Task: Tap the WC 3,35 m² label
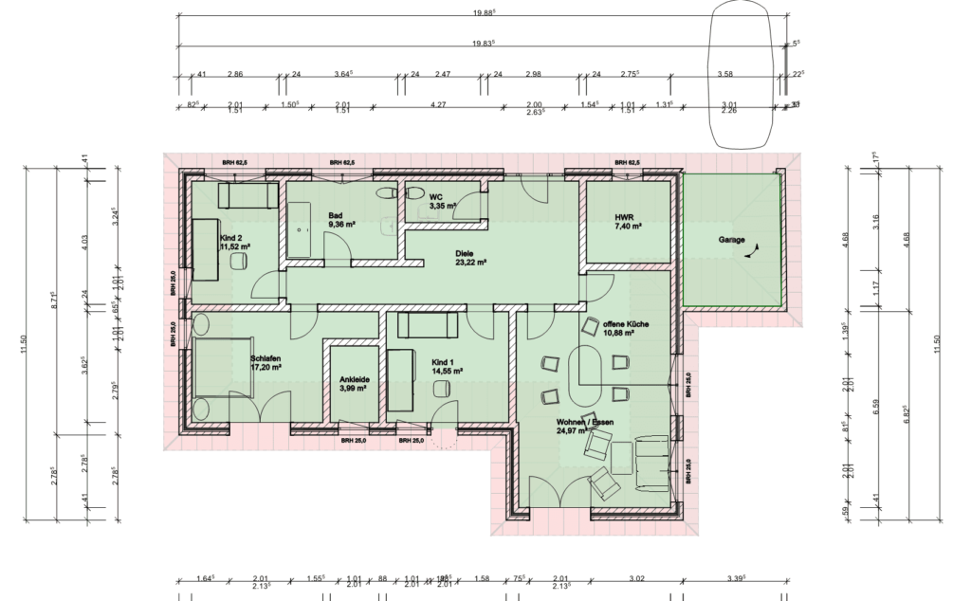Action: tap(443, 200)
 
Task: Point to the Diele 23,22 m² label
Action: tap(469, 257)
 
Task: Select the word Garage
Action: tap(731, 240)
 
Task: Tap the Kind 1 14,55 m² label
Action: tap(446, 367)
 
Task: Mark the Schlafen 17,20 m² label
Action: tap(266, 363)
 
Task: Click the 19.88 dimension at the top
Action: tap(485, 13)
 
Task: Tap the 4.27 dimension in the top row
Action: tap(438, 105)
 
